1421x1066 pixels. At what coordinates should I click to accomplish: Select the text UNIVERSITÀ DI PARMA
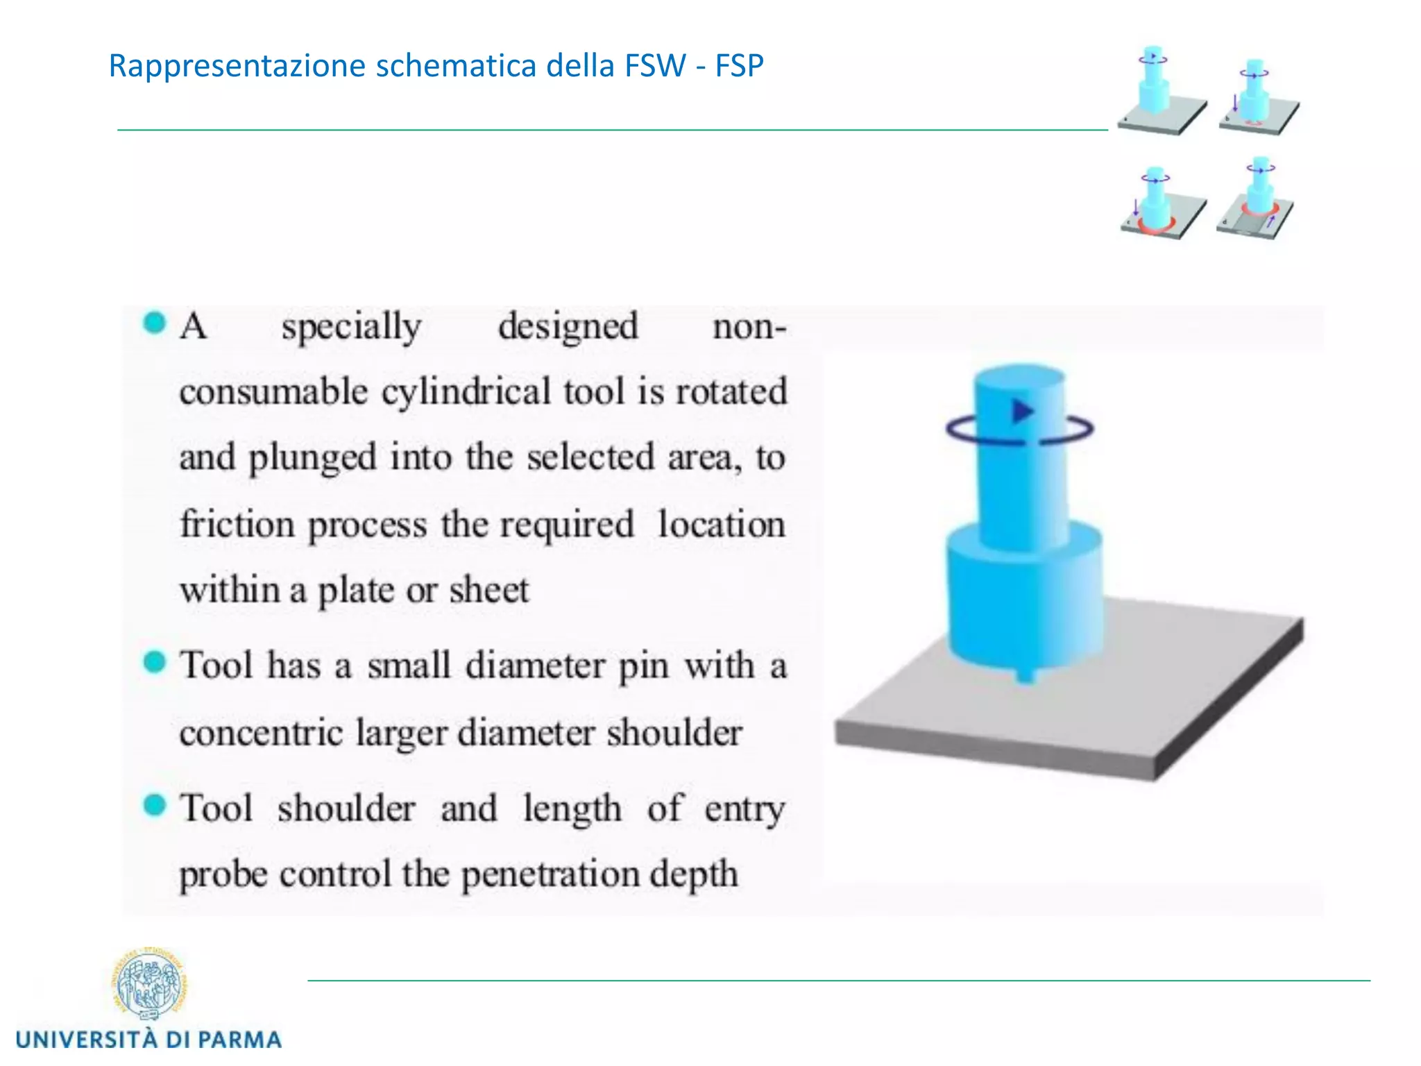click(148, 1040)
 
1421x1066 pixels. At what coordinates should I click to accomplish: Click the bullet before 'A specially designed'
click(155, 323)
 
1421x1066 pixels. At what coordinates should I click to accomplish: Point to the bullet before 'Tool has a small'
click(155, 662)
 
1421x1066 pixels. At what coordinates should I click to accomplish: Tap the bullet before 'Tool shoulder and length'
click(155, 806)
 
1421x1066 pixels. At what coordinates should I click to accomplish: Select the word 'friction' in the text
click(237, 524)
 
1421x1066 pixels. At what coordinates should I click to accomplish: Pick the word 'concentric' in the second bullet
click(261, 733)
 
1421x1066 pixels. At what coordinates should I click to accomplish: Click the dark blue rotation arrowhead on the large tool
click(1021, 411)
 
